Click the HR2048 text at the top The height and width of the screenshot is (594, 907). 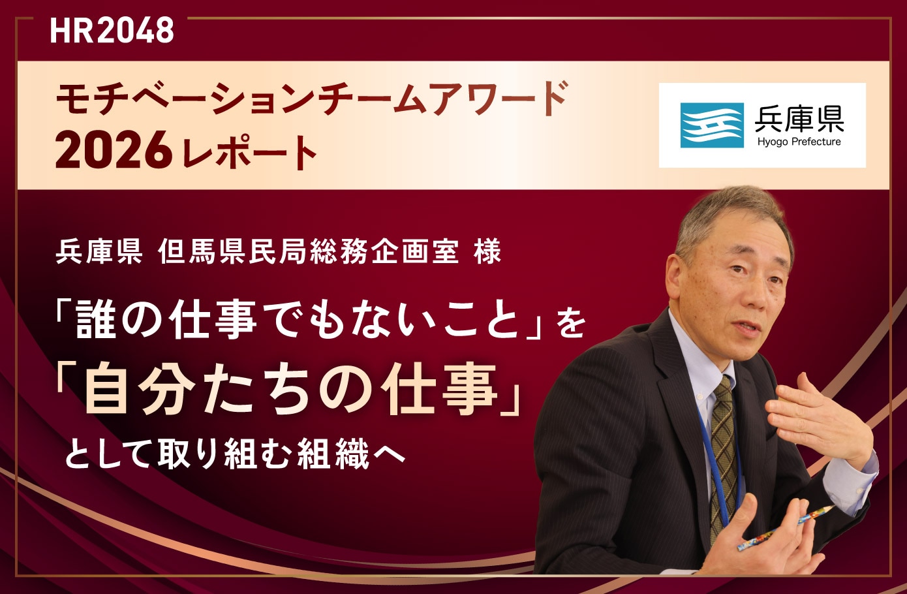112,31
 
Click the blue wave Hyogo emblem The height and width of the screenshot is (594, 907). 712,125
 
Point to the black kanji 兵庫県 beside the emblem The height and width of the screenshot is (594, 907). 799,118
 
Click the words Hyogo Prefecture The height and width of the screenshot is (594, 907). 799,142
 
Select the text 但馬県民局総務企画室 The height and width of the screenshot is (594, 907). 309,251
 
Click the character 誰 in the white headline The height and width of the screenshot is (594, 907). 95,320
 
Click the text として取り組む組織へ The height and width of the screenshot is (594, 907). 235,454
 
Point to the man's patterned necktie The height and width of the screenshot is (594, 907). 723,458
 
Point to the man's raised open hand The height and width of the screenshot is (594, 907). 818,422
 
